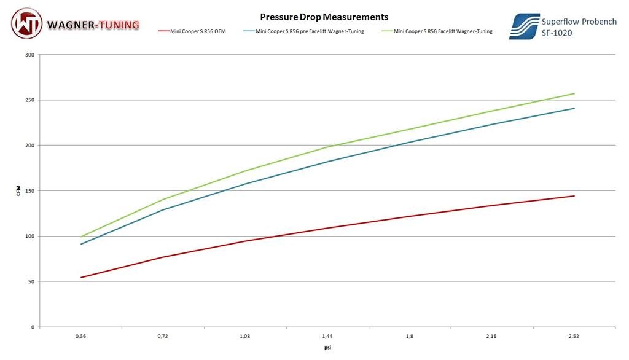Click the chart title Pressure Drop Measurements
324,17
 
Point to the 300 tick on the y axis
29,55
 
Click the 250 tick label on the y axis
29,100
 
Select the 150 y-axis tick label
29,191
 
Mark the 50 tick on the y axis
31,282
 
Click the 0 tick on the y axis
33,327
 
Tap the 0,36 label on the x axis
80,337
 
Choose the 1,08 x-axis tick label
245,337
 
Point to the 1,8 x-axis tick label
410,337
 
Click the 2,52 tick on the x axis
574,337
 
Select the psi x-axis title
327,348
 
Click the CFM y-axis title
18,191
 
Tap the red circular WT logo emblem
26,24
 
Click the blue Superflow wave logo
524,26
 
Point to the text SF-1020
557,33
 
